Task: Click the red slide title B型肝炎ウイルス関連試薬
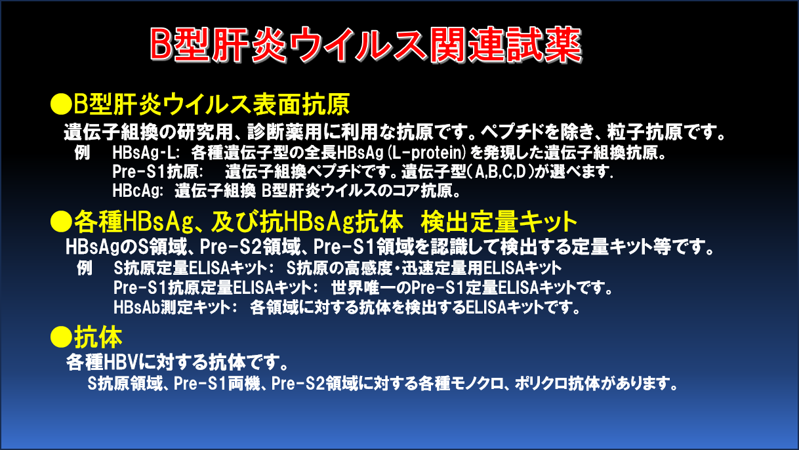(366, 45)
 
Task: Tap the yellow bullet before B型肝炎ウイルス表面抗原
(61, 104)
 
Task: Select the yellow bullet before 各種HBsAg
(61, 222)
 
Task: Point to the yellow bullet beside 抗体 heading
(61, 337)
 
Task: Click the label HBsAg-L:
(146, 153)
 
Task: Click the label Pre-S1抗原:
(158, 172)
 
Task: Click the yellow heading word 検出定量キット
(499, 222)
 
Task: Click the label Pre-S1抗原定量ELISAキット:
(216, 288)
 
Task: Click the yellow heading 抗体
(98, 337)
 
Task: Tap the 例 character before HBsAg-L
(82, 153)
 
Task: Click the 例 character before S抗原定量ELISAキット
(85, 268)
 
